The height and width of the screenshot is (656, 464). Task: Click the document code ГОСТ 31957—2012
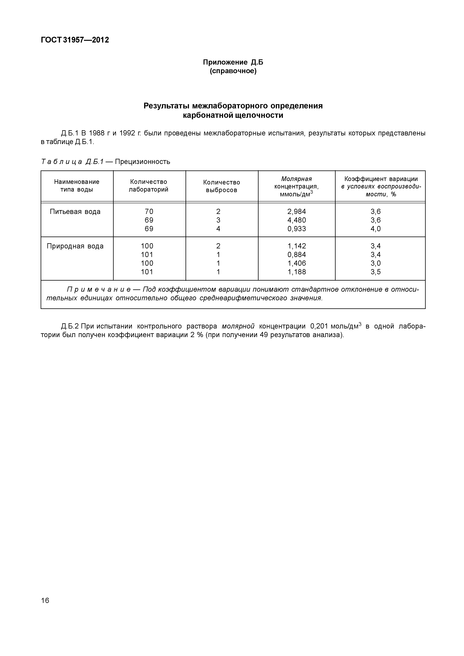point(75,40)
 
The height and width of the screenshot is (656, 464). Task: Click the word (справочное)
point(233,71)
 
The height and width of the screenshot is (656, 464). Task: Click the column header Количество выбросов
point(222,186)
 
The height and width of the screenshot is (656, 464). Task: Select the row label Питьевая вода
point(75,212)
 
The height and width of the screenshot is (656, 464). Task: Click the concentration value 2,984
point(296,212)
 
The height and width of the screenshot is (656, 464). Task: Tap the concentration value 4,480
point(296,220)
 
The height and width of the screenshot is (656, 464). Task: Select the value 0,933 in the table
point(296,229)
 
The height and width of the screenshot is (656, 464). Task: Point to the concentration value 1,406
point(296,263)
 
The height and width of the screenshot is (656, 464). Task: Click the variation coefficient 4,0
point(376,229)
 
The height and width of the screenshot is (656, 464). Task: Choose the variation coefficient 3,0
point(376,263)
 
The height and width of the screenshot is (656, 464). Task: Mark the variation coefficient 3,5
point(376,272)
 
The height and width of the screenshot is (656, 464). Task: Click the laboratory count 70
point(149,212)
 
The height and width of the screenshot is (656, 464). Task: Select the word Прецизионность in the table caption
point(142,162)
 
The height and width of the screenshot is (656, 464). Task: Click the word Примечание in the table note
point(99,289)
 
